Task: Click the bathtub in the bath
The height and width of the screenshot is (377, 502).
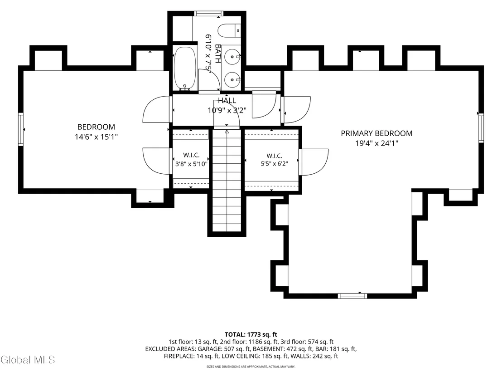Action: (185, 69)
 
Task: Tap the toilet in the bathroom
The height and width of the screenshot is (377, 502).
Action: (229, 30)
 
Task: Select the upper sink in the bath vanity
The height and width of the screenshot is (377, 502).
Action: (232, 57)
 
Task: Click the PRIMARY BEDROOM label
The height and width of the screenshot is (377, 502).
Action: (376, 133)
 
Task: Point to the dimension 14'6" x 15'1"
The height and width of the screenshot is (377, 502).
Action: (97, 137)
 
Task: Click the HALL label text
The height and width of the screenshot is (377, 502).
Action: (227, 100)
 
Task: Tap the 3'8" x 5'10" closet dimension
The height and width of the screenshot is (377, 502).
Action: (192, 164)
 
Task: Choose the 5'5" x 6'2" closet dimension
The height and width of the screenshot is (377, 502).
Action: (275, 164)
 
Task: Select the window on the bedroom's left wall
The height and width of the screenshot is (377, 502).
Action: (21, 129)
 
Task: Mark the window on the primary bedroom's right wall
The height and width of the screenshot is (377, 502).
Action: (481, 128)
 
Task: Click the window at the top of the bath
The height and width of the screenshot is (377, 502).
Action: (209, 14)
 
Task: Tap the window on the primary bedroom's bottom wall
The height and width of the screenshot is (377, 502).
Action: (352, 296)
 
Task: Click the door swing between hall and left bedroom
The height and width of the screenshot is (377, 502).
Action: (156, 109)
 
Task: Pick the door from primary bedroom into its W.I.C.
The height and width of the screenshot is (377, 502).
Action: (314, 162)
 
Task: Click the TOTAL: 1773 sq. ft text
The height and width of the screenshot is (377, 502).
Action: (251, 335)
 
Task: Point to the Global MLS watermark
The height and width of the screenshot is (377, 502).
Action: (28, 360)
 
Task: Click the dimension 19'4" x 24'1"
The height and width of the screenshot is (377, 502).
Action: (377, 143)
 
